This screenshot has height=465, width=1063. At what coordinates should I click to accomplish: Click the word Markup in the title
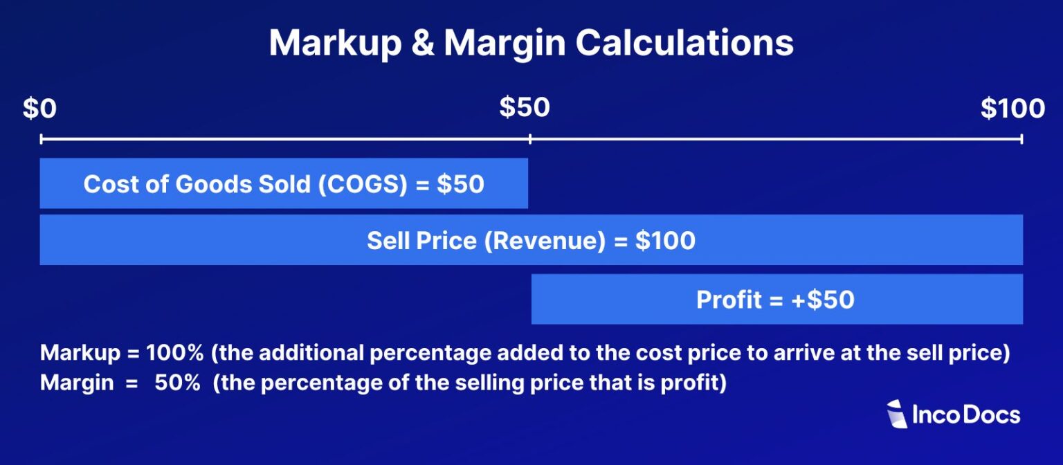tap(335, 43)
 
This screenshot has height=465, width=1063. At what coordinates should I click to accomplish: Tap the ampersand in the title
tap(421, 43)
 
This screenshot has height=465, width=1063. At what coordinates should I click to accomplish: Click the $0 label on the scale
tap(41, 109)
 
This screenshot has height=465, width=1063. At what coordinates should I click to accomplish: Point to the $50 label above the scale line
tap(525, 108)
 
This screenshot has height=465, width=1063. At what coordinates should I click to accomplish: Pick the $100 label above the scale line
tap(1012, 109)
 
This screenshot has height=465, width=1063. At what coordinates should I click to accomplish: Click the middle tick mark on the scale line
tap(530, 139)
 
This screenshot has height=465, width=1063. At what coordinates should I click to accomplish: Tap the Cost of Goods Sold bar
tap(284, 184)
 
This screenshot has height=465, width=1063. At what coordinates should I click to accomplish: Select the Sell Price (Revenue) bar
tap(531, 240)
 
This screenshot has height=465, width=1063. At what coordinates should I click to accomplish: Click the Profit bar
tap(776, 300)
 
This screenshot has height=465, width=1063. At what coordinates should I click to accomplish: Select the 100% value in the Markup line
tap(175, 353)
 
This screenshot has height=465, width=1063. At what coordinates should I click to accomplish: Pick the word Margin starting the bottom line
tap(77, 383)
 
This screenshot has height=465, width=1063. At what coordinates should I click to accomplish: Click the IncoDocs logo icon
tap(897, 414)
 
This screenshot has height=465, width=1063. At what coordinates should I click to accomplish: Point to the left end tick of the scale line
tap(42, 139)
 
